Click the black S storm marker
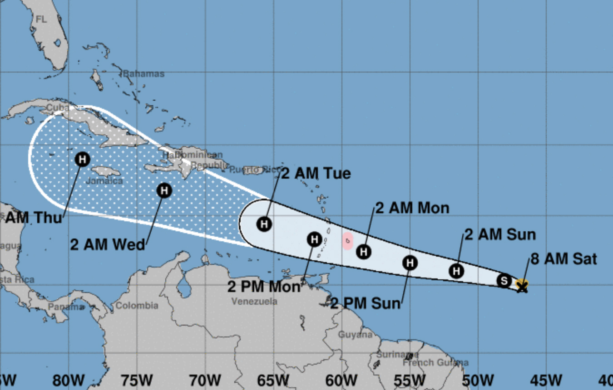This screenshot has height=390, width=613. click(504, 281)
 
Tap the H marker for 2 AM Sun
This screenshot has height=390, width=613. click(457, 271)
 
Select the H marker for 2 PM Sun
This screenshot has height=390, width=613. click(410, 262)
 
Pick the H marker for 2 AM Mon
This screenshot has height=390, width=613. click(363, 251)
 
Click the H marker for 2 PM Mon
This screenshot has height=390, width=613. click(314, 239)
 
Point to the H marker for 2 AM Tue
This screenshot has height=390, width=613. click(264, 224)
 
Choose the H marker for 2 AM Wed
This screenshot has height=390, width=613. click(164, 190)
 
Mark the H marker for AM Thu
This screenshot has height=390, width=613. click(82, 159)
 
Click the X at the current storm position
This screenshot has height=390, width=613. click(522, 286)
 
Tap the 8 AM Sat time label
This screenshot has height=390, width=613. click(564, 259)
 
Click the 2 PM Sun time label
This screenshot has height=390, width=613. click(366, 303)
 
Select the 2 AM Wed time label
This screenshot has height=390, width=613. click(108, 244)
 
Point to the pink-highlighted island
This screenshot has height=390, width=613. click(347, 241)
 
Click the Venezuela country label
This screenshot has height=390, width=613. click(254, 301)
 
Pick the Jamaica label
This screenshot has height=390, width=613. click(104, 181)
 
